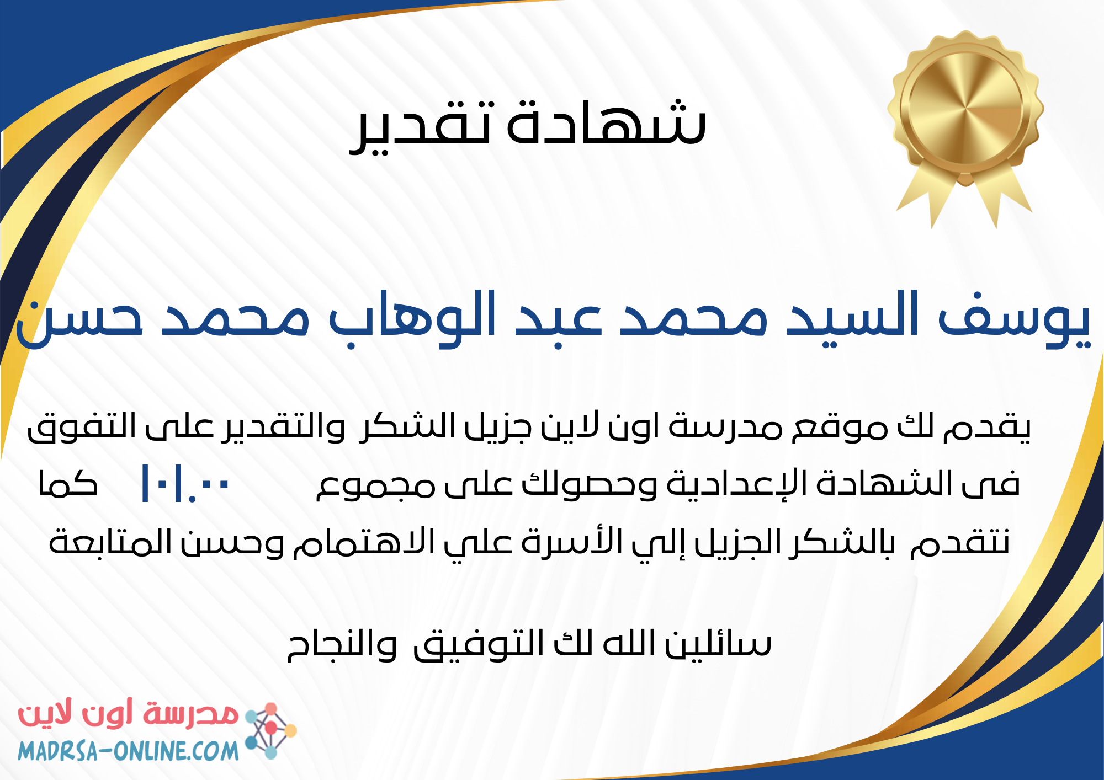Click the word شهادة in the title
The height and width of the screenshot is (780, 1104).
(x=606, y=122)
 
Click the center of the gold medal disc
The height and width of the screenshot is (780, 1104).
(x=965, y=108)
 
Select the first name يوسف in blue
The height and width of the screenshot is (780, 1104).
(x=1015, y=320)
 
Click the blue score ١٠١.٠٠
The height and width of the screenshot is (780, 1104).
(x=185, y=484)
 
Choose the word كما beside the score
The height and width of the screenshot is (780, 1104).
(x=68, y=484)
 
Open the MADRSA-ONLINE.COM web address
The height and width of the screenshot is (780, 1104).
(x=128, y=751)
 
